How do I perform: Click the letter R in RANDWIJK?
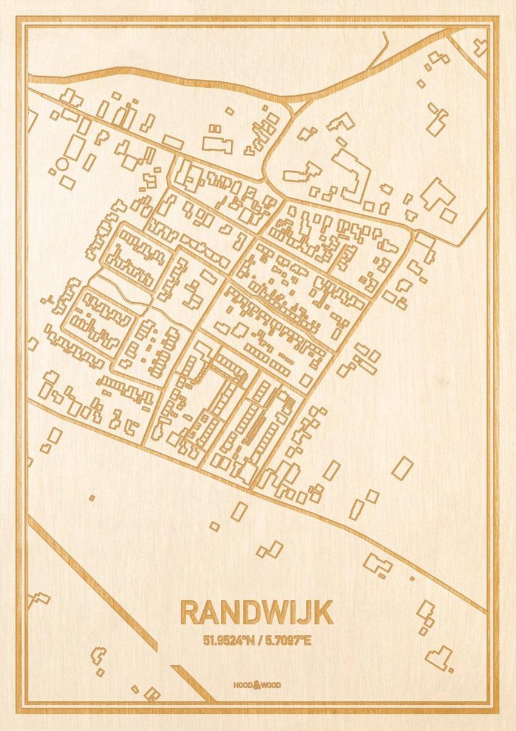point(190,613)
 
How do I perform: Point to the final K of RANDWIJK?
point(324,613)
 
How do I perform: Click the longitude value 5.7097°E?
point(287,640)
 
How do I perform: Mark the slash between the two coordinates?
point(257,640)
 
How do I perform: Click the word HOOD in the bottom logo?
point(243,685)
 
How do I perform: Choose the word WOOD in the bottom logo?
point(271,685)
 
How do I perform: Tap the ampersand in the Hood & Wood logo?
point(257,685)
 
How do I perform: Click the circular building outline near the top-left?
point(61,164)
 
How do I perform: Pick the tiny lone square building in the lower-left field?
point(91,498)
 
